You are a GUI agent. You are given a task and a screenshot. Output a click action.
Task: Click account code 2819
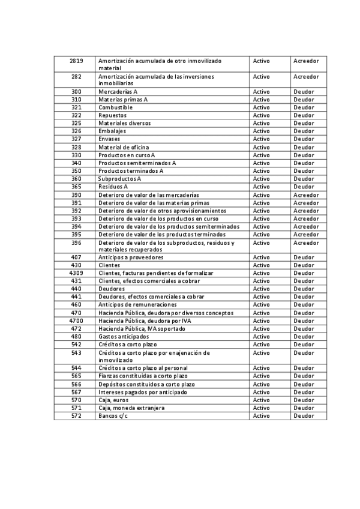click(x=76, y=61)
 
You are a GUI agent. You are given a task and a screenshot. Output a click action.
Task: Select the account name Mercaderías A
click(x=118, y=91)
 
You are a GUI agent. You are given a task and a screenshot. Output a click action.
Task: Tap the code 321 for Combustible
click(x=76, y=107)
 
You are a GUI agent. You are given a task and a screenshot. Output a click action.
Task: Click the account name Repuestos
click(x=113, y=115)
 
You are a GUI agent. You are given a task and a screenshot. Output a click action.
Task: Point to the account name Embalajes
click(x=114, y=131)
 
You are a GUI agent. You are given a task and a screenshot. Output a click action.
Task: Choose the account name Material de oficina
click(x=124, y=147)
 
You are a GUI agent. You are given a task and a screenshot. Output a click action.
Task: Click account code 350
click(x=76, y=170)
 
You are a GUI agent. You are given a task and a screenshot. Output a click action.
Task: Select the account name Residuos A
click(x=113, y=187)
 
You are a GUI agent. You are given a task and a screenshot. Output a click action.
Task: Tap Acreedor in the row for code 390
click(x=306, y=195)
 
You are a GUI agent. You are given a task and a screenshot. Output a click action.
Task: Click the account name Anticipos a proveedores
click(x=131, y=257)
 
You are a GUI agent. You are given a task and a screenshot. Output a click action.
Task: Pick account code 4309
click(x=76, y=273)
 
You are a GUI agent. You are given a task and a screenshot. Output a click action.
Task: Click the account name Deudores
click(x=112, y=289)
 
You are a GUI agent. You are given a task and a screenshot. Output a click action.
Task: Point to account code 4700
click(x=76, y=321)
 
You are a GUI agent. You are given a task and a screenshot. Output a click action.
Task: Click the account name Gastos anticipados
click(x=124, y=337)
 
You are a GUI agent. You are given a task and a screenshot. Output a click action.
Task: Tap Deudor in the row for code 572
click(x=304, y=415)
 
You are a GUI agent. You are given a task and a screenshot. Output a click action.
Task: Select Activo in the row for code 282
click(x=262, y=77)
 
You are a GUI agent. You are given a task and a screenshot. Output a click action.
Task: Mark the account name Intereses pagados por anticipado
click(x=143, y=392)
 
